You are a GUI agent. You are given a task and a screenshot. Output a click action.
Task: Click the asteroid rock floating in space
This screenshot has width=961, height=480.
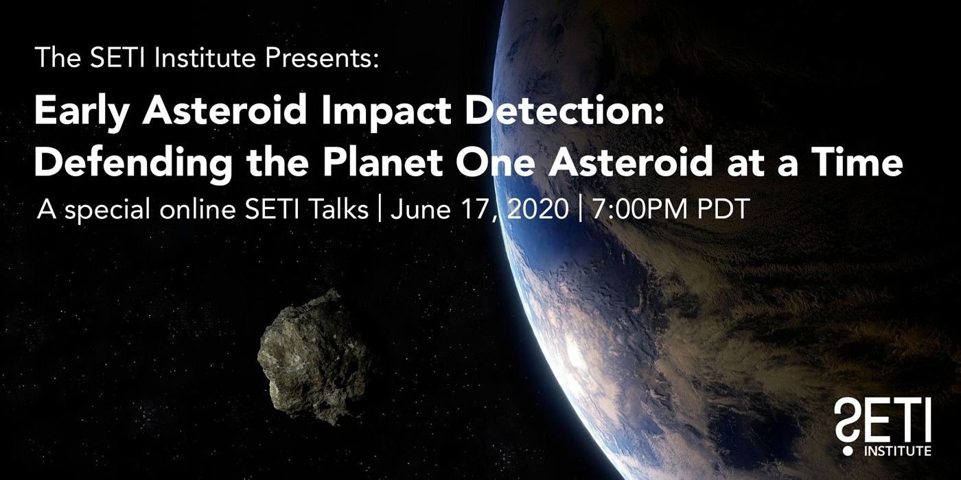click(314, 357)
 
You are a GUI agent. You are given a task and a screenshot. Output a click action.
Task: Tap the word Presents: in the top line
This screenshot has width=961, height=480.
click(322, 58)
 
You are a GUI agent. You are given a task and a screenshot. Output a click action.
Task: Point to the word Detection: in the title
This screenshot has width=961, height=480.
click(564, 110)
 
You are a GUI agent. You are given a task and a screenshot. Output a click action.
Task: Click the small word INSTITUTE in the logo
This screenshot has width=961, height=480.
click(898, 451)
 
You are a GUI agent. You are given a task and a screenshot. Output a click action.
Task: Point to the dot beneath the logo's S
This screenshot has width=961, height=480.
click(848, 451)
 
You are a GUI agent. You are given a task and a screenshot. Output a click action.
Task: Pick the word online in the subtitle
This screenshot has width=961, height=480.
click(198, 208)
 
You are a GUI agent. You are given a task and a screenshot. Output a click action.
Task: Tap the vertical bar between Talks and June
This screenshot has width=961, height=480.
click(380, 208)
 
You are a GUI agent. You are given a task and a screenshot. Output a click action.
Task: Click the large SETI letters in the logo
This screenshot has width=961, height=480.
click(883, 420)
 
